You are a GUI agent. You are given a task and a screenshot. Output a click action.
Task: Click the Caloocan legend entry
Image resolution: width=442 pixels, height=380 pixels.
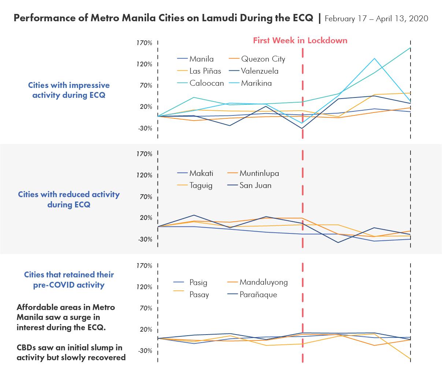[207, 83]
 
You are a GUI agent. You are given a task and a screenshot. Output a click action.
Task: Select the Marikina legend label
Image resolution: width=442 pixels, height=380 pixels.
[256, 83]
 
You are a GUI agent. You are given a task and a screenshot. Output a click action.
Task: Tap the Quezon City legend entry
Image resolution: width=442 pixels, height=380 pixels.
[263, 59]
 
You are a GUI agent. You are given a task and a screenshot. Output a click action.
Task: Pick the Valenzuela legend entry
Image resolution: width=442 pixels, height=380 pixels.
[260, 71]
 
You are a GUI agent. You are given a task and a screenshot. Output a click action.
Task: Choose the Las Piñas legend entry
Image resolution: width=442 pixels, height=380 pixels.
[205, 71]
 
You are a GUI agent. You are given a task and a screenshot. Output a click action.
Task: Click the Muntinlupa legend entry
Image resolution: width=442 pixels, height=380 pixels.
[259, 173]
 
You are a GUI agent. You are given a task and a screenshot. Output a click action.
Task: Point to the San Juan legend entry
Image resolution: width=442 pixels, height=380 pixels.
[255, 185]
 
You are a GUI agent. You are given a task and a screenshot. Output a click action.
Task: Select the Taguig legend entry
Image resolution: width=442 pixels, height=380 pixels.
[201, 185]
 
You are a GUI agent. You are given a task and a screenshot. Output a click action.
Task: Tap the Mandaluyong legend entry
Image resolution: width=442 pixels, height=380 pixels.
[264, 282]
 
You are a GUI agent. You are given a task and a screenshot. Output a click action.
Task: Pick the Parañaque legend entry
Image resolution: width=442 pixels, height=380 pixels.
[258, 295]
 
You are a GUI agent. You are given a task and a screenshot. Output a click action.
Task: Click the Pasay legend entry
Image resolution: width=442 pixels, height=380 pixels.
[199, 295]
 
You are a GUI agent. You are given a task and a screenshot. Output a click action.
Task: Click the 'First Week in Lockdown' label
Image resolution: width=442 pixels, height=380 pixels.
[300, 40]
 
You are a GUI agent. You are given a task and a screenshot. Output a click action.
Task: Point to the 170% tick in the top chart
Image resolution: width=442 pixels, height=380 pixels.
[144, 43]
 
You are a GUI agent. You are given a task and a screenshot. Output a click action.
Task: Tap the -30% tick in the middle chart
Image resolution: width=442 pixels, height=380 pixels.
[145, 239]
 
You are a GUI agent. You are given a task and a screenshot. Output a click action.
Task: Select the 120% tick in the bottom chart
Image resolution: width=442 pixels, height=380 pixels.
[144, 287]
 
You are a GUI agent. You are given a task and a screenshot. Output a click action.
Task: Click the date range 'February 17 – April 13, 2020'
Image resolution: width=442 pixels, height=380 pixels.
[376, 18]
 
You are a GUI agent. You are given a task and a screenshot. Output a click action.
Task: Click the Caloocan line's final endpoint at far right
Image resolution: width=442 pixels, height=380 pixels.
[410, 48]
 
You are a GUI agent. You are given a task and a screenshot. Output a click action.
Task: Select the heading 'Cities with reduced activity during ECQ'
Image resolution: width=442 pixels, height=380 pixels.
[69, 199]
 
